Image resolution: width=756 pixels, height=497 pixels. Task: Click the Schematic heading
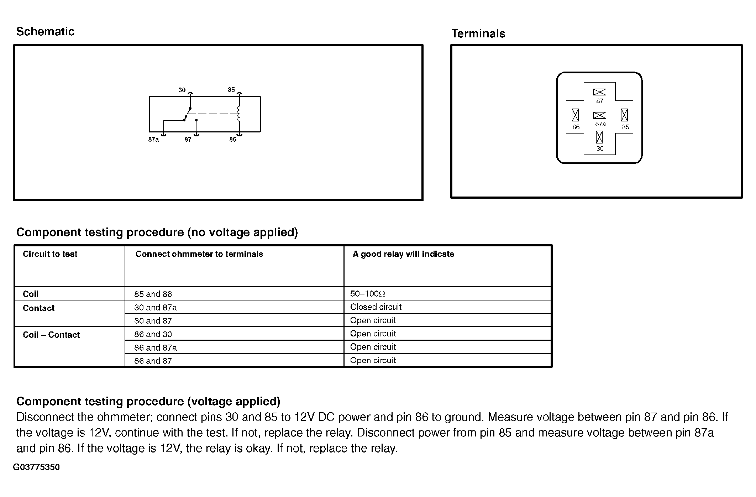(45, 31)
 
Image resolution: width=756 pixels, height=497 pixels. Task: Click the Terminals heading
(478, 33)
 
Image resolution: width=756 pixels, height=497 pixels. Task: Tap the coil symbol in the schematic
(239, 114)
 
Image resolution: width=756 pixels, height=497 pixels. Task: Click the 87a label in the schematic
(153, 140)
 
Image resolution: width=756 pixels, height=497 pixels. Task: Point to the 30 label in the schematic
(182, 90)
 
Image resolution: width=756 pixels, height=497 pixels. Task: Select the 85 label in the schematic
(231, 90)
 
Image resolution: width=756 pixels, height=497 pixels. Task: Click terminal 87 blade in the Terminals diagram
(599, 92)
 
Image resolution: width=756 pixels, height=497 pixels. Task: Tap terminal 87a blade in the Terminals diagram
(599, 115)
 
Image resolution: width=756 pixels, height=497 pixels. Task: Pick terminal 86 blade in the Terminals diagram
(575, 115)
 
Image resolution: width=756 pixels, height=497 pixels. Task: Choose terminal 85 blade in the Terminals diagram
(624, 115)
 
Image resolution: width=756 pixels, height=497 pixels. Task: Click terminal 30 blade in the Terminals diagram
(599, 137)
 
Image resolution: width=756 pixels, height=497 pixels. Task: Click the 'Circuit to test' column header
(50, 254)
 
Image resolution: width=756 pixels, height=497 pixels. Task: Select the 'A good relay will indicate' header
(403, 254)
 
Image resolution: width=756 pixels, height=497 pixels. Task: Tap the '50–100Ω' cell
(368, 294)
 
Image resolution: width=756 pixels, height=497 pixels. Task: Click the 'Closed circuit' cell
(376, 307)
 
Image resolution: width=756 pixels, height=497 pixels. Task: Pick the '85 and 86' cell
(153, 294)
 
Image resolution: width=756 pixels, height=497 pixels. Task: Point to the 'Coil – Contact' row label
(51, 335)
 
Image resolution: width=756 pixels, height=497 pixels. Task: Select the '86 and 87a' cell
(156, 347)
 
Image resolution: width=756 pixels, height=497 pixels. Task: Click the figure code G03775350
(36, 467)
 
